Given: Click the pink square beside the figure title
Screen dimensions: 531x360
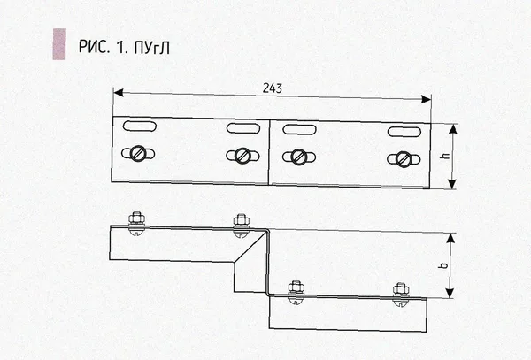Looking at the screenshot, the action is (x=59, y=44).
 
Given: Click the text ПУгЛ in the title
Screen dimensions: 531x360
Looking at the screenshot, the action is (x=151, y=48).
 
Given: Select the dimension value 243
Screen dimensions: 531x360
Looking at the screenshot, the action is (x=273, y=88).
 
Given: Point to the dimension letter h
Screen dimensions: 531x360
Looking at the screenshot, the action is (x=446, y=156).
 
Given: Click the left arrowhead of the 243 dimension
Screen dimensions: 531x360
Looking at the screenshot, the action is (x=118, y=92).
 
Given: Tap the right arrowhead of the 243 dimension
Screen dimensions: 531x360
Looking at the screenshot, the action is (x=426, y=99).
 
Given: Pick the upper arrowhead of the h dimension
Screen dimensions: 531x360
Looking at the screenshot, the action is (x=452, y=129).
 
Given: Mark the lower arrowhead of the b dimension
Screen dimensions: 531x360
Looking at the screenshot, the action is (x=450, y=293).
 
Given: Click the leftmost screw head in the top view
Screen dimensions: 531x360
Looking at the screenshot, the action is (x=138, y=154).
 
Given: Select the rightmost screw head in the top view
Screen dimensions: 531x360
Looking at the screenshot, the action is (x=404, y=159).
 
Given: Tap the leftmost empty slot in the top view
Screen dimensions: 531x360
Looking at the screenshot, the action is (x=140, y=126).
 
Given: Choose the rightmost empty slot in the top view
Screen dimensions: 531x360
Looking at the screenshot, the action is (x=404, y=132).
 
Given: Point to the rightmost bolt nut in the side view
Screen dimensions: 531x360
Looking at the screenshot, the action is (x=401, y=289).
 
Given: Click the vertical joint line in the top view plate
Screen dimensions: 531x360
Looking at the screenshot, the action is (x=270, y=152).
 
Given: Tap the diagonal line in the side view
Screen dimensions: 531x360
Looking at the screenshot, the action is (x=250, y=246).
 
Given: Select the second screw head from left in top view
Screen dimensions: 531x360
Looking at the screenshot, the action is (x=242, y=156).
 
